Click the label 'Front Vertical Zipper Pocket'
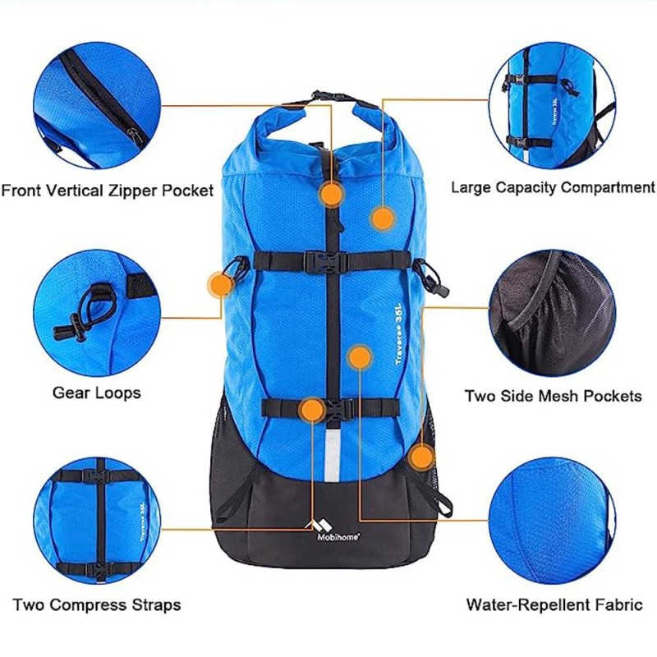point(108,191)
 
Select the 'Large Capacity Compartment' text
point(553,187)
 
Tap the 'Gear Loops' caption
point(96,393)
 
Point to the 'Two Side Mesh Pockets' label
point(553,396)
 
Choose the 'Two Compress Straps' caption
point(97,606)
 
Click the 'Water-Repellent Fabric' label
point(554,606)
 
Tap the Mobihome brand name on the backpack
point(336,538)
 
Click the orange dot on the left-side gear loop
point(218,284)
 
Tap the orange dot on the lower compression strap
point(312,410)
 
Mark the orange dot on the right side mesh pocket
point(421,457)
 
